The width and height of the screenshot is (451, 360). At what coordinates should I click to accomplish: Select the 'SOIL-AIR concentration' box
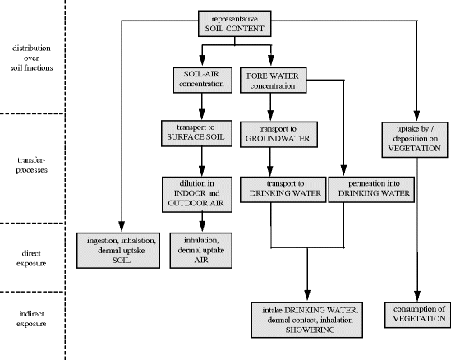pyautogui.click(x=197, y=81)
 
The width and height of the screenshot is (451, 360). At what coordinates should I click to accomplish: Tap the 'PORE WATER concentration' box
pyautogui.click(x=273, y=81)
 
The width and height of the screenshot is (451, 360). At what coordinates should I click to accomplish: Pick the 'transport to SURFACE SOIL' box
pyautogui.click(x=197, y=132)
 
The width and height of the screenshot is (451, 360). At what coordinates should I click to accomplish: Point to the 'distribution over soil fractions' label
pyautogui.click(x=30, y=58)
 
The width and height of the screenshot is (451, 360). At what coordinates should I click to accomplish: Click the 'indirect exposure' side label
pyautogui.click(x=30, y=316)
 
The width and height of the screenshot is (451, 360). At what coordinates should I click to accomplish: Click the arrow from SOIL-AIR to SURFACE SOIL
pyautogui.click(x=197, y=107)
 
